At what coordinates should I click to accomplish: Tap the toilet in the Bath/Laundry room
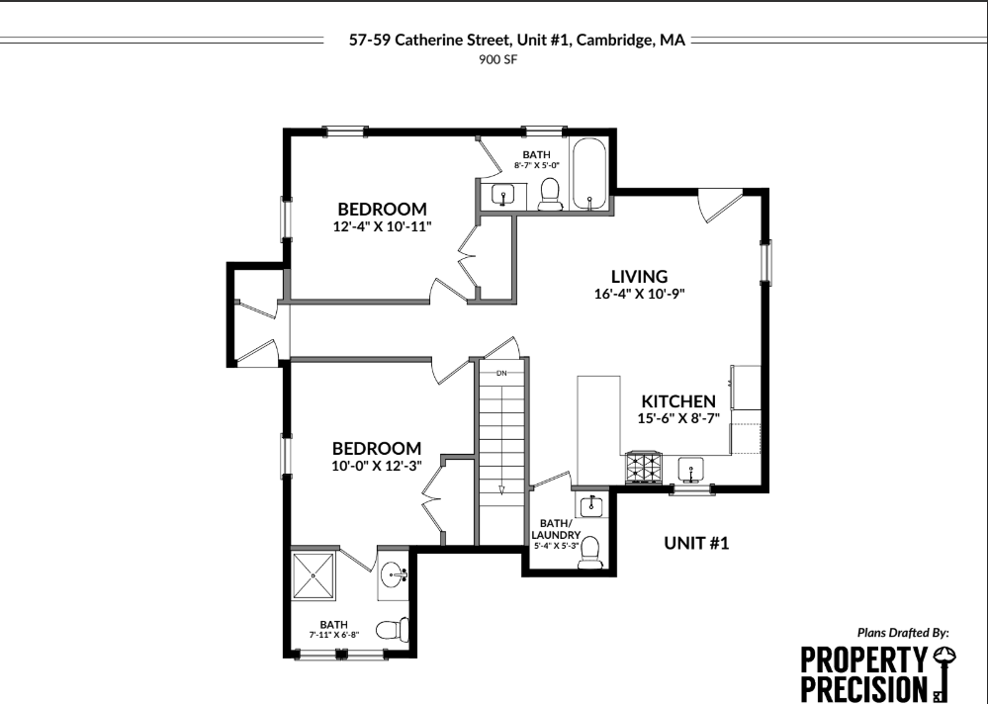[591, 551]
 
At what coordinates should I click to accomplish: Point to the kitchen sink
[689, 466]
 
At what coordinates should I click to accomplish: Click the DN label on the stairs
[501, 373]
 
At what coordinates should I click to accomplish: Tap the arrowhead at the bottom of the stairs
[501, 488]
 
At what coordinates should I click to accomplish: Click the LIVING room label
[639, 277]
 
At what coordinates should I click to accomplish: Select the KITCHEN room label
[678, 401]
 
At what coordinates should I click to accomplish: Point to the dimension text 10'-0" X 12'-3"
[376, 466]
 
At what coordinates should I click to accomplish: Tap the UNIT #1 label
[696, 543]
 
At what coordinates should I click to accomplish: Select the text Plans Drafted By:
[903, 632]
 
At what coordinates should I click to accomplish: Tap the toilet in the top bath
[551, 193]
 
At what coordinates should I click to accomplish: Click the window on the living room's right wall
[764, 263]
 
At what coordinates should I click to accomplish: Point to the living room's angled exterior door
[716, 206]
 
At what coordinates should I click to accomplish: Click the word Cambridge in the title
[611, 42]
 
